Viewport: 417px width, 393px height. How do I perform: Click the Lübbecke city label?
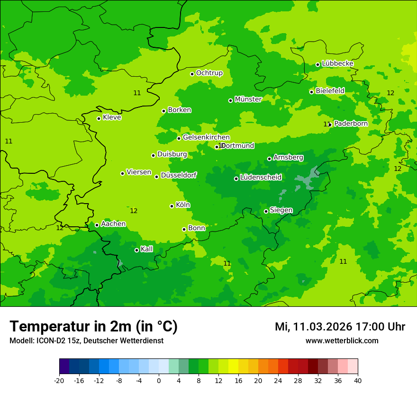coord(337,63)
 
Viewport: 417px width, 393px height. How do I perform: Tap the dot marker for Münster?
coord(231,100)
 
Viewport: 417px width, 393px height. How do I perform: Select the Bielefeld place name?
coord(330,90)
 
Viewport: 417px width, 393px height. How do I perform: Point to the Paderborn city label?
coord(351,124)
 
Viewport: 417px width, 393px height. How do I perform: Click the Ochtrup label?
coord(209,73)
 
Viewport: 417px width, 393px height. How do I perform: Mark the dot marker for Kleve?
coord(99,118)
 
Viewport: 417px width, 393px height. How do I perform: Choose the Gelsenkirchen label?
coord(206,137)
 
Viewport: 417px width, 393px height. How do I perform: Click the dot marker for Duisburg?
coord(153,155)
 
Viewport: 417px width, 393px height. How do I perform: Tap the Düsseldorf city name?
coord(179,175)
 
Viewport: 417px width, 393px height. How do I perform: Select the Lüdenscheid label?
coord(261,178)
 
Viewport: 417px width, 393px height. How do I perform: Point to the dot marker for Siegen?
coord(266,211)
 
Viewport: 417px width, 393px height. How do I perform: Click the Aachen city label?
coord(113,224)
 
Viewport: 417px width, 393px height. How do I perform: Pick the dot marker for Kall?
coord(136,250)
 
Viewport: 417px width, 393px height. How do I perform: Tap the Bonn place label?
coord(197,228)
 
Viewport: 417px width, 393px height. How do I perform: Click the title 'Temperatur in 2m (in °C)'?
coord(93,326)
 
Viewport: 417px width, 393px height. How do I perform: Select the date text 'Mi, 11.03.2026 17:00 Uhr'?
coord(340,327)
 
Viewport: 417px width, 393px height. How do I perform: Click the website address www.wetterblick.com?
coord(342,341)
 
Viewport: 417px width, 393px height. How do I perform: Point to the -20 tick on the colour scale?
coord(59,380)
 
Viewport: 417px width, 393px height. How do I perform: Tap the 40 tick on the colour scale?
coord(358,380)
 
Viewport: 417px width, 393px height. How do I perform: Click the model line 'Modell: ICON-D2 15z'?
coord(46,341)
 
